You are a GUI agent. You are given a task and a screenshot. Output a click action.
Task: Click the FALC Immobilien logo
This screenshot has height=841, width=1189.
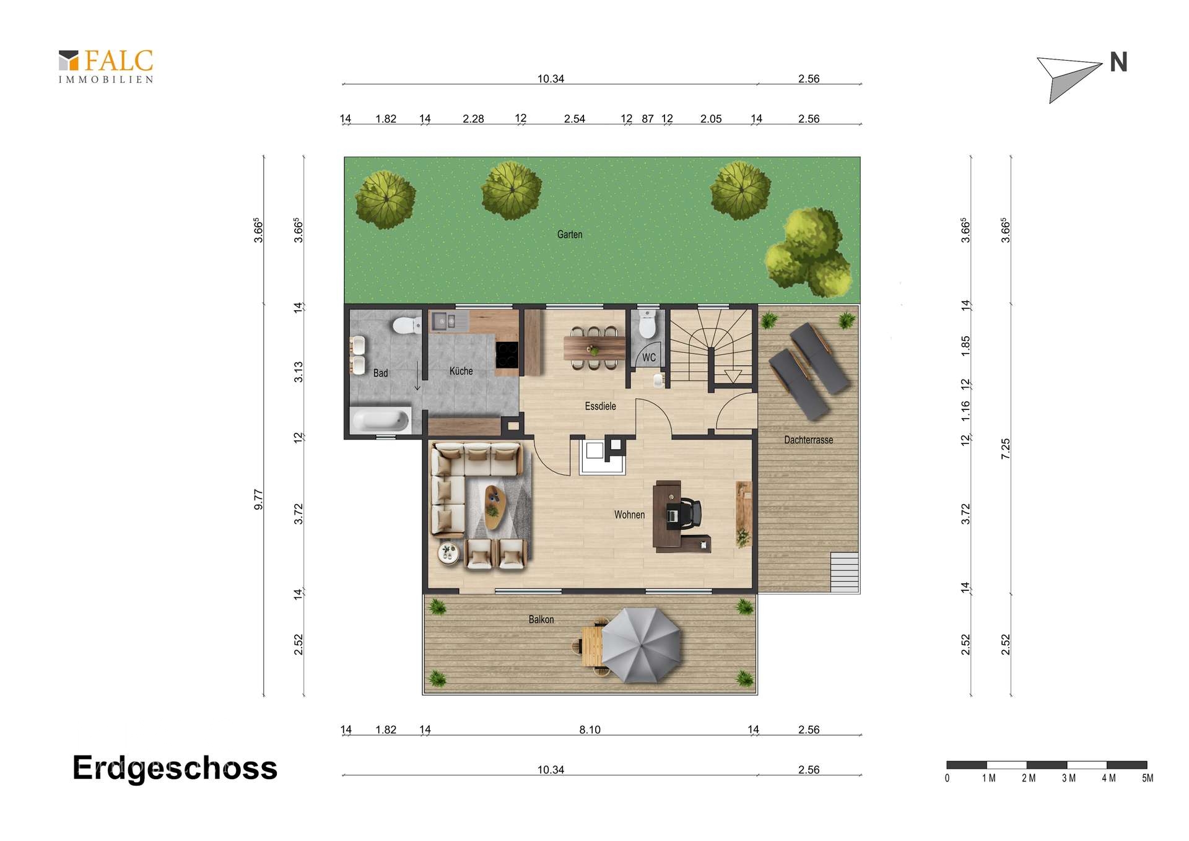(x=106, y=66)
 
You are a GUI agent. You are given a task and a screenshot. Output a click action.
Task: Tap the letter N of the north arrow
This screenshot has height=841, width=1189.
(x=1118, y=62)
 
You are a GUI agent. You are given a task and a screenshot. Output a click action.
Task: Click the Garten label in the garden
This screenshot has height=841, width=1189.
(x=570, y=234)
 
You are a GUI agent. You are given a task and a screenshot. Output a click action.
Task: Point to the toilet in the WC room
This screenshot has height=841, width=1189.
(x=647, y=323)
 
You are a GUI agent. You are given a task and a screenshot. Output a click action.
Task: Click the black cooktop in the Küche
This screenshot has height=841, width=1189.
(x=507, y=354)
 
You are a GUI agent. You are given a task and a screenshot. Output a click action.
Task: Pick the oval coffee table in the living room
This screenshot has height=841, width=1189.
(x=495, y=507)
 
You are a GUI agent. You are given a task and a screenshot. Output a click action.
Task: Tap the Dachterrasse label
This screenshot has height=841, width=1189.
(x=808, y=440)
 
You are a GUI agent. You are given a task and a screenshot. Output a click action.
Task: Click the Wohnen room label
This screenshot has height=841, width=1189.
(x=629, y=515)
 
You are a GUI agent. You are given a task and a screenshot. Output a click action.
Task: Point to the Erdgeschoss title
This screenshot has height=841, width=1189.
(x=175, y=769)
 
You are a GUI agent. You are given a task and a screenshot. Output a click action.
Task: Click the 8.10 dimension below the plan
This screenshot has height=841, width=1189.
(x=590, y=730)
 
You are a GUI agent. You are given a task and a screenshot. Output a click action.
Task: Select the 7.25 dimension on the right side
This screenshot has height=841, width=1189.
(x=1005, y=448)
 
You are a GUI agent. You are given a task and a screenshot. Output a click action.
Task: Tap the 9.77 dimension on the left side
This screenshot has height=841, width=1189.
(x=258, y=499)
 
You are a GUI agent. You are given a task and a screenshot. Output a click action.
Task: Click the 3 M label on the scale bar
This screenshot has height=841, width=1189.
(x=1068, y=778)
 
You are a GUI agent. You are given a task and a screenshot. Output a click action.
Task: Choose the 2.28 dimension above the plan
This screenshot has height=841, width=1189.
(x=473, y=119)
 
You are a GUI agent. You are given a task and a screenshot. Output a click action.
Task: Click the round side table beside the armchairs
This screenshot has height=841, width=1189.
(x=448, y=552)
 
